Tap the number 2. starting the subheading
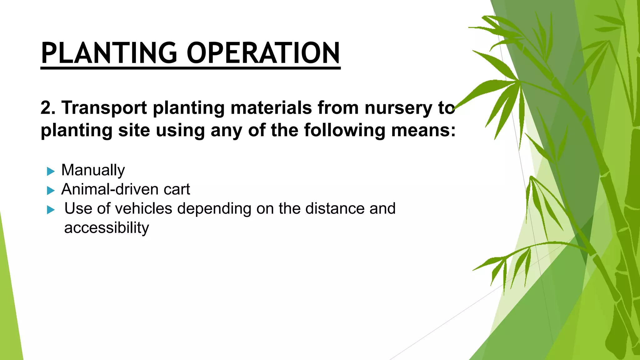pyautogui.click(x=48, y=108)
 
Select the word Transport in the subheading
pyautogui.click(x=104, y=108)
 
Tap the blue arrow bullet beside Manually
pyautogui.click(x=51, y=171)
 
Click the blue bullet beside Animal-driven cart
pyautogui.click(x=51, y=190)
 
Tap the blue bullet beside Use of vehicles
pyautogui.click(x=51, y=210)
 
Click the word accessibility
pyautogui.click(x=107, y=228)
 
